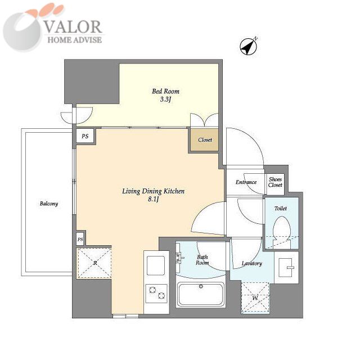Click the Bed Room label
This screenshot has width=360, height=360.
click(x=165, y=91)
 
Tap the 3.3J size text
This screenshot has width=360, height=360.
click(x=166, y=100)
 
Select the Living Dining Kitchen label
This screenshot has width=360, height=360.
click(x=153, y=191)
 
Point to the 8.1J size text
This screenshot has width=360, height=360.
click(x=154, y=199)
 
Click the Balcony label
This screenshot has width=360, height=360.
click(x=49, y=204)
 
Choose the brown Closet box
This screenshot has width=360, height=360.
click(x=204, y=140)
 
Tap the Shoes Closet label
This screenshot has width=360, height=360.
click(x=275, y=182)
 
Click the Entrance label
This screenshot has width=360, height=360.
click(x=246, y=182)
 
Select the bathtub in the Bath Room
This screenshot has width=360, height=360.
click(x=201, y=295)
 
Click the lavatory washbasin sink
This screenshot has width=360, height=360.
click(x=286, y=268)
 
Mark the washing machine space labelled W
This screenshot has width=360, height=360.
click(x=255, y=298)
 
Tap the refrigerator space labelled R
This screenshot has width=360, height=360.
click(x=95, y=263)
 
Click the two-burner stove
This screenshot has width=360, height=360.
click(x=156, y=294)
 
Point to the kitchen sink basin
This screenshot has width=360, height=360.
click(x=156, y=265)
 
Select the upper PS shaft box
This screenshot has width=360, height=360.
click(x=85, y=136)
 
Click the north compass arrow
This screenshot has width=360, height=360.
click(x=249, y=46)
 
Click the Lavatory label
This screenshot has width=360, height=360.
click(x=251, y=264)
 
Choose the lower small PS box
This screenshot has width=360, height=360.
click(x=80, y=240)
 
